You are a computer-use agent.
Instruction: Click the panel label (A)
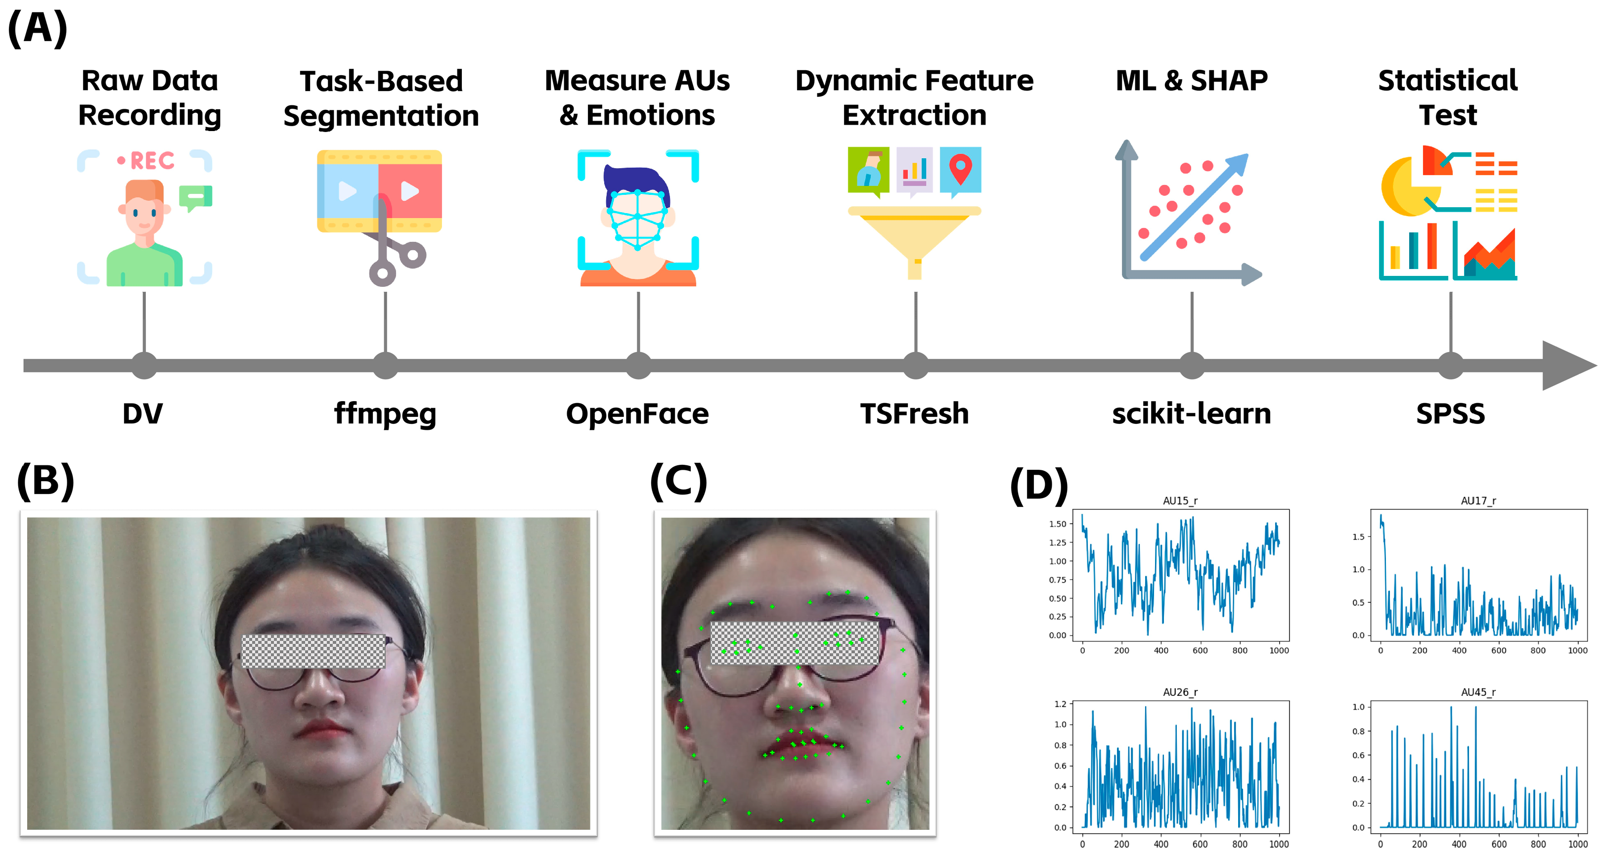[38, 28]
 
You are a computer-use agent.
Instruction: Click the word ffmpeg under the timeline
[385, 414]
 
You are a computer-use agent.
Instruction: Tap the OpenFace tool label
[637, 414]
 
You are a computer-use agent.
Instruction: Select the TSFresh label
[914, 414]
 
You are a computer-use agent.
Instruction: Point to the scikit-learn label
[1191, 414]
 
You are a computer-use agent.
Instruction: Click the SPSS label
[1450, 414]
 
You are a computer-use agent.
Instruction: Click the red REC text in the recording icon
[151, 161]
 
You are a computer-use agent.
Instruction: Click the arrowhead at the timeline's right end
[1566, 365]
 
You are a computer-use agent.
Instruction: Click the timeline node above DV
[144, 365]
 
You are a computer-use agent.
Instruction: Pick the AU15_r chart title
[1180, 500]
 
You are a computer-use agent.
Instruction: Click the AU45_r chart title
[1478, 692]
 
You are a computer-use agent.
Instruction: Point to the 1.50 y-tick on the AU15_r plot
[1057, 524]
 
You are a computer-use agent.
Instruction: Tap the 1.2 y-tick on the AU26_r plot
[1060, 704]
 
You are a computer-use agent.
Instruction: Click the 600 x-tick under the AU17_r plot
[1498, 650]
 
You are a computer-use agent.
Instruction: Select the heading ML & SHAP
[1191, 81]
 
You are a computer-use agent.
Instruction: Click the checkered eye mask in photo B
[312, 651]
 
